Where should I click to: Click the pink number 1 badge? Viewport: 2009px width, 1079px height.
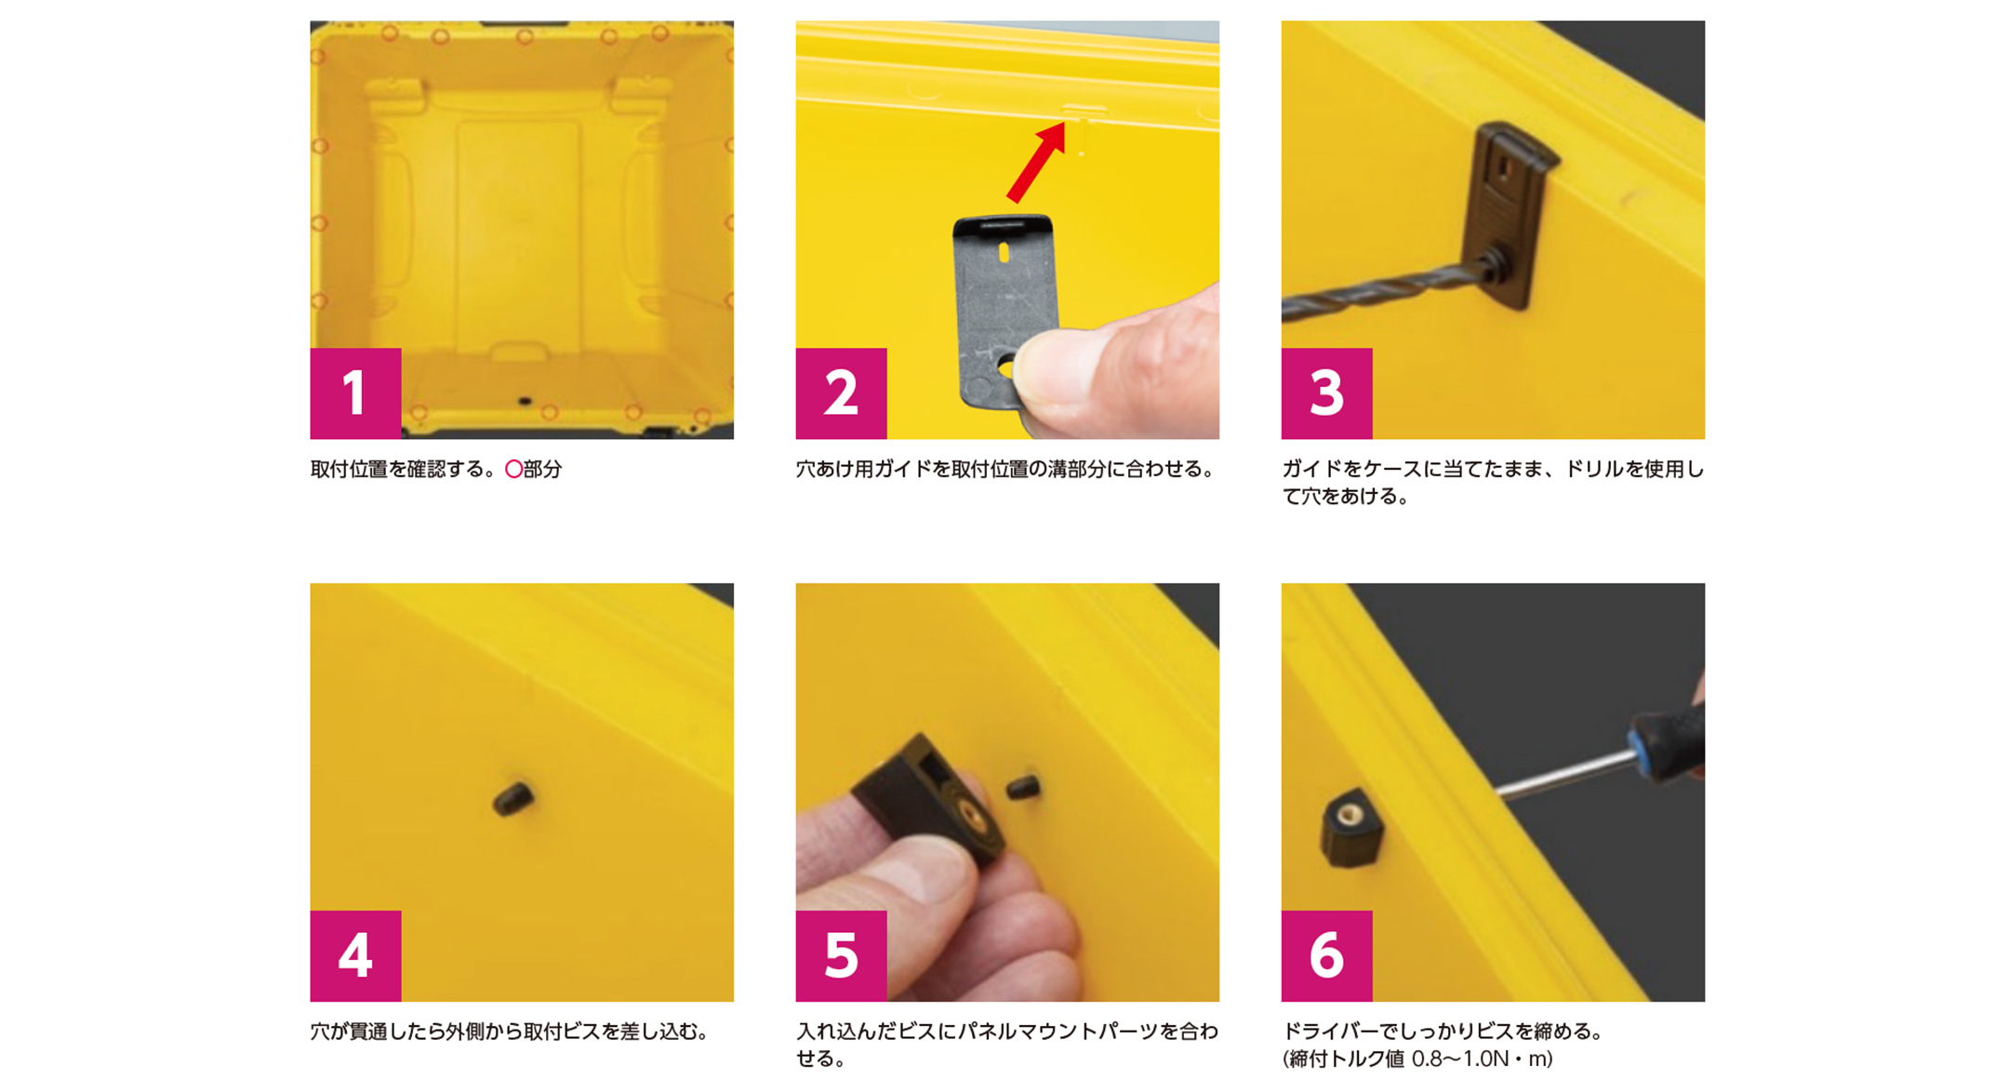[355, 393]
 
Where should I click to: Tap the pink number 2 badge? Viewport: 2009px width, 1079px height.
[841, 393]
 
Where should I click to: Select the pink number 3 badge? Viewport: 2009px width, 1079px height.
[1326, 393]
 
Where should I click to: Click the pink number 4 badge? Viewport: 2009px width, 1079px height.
[355, 955]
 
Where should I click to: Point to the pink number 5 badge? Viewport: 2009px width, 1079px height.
[841, 955]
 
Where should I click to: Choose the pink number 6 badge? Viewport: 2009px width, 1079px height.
[1326, 955]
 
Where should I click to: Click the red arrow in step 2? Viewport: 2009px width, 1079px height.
[1037, 163]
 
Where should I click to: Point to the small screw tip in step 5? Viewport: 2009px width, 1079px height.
[1024, 788]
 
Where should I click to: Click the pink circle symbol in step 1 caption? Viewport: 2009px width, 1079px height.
[513, 470]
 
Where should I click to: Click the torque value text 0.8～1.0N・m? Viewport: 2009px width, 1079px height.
[1482, 1059]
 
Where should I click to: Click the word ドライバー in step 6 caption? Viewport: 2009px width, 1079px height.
[1330, 1031]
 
